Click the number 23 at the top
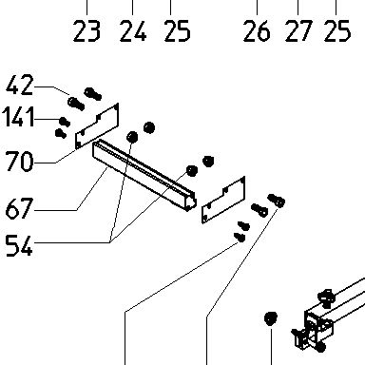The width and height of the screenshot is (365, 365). pyautogui.click(x=86, y=31)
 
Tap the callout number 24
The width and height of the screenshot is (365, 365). pyautogui.click(x=133, y=31)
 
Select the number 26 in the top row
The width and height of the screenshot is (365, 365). pyautogui.click(x=257, y=31)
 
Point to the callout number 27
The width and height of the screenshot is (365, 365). pyautogui.click(x=298, y=31)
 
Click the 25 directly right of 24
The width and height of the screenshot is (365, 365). pyautogui.click(x=178, y=31)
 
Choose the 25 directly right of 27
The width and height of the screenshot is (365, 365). pyautogui.click(x=337, y=31)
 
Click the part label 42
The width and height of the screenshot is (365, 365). pyautogui.click(x=20, y=85)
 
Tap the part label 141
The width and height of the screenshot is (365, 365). pyautogui.click(x=18, y=117)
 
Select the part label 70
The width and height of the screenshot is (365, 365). pyautogui.click(x=20, y=161)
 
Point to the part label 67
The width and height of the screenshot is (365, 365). pyautogui.click(x=20, y=208)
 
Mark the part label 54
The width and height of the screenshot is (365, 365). pyautogui.click(x=19, y=245)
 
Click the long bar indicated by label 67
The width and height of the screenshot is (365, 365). pyautogui.click(x=144, y=176)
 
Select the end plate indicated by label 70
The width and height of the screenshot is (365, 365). pyautogui.click(x=97, y=126)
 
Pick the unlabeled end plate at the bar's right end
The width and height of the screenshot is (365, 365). pyautogui.click(x=223, y=200)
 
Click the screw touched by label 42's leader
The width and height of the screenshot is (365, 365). pyautogui.click(x=76, y=104)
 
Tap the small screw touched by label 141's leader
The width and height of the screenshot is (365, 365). pyautogui.click(x=65, y=122)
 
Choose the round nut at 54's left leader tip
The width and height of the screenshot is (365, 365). pyautogui.click(x=132, y=137)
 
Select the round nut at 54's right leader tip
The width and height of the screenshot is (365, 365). pyautogui.click(x=192, y=171)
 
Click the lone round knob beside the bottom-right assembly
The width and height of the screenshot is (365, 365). pyautogui.click(x=271, y=318)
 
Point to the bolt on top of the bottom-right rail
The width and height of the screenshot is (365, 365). pyautogui.click(x=327, y=298)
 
